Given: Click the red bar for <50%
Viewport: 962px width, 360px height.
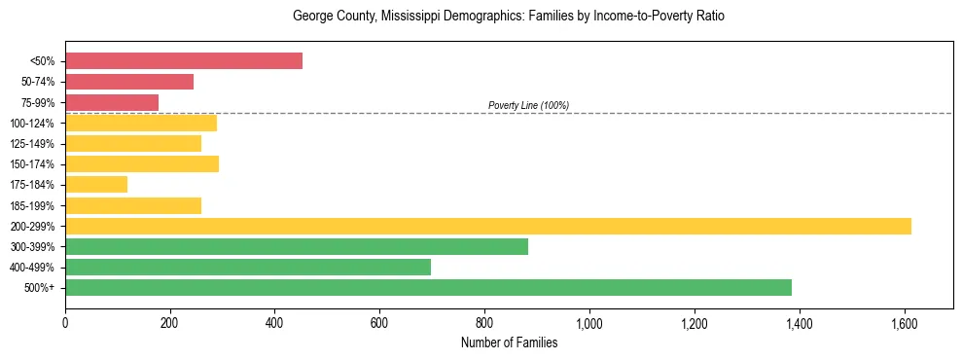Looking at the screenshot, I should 184,61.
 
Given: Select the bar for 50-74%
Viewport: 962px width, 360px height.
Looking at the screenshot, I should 129,82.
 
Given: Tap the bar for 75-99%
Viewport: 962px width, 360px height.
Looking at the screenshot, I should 112,102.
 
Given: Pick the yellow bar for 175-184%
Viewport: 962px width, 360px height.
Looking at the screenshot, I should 96,185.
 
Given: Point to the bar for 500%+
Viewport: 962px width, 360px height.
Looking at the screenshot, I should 428,287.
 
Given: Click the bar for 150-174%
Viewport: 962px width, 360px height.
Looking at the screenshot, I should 142,163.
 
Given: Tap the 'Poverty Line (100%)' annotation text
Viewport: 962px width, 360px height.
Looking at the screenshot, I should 528,105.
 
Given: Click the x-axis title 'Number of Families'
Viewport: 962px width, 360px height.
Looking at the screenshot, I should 509,342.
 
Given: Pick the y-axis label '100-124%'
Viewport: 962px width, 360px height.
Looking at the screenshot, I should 32,124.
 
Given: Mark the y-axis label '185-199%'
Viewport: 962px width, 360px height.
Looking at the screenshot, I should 32,205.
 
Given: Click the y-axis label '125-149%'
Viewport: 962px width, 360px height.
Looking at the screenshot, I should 32,144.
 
